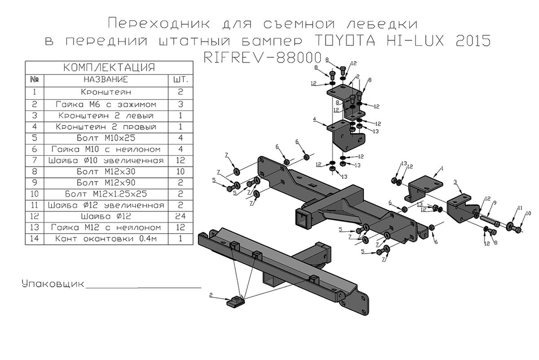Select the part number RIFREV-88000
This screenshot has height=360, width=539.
click(x=262, y=58)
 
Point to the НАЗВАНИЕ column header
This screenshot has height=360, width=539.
click(x=105, y=79)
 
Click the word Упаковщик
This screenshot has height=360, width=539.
click(x=52, y=283)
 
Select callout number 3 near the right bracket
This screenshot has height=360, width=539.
click(x=455, y=182)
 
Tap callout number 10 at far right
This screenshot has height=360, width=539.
click(x=527, y=214)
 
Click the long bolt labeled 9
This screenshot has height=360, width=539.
click(x=492, y=219)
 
